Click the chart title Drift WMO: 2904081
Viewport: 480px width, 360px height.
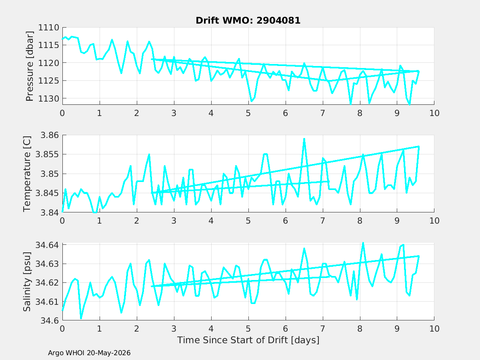pyautogui.click(x=248, y=20)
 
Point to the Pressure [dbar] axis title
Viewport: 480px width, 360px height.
pyautogui.click(x=30, y=66)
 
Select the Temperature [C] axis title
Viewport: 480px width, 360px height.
pyautogui.click(x=27, y=174)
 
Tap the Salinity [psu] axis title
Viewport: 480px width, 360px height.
pyautogui.click(x=27, y=282)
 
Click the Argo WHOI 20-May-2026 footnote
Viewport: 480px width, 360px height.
pyautogui.click(x=89, y=353)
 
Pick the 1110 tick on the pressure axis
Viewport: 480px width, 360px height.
pyautogui.click(x=48, y=28)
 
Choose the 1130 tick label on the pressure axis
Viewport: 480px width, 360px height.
pyautogui.click(x=48, y=98)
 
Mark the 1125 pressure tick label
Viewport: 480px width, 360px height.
pyautogui.click(x=48, y=81)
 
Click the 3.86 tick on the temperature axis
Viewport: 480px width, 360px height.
pyautogui.click(x=50, y=135)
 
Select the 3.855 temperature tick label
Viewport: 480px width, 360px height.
pyautogui.click(x=47, y=154)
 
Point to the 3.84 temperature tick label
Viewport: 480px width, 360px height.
pyautogui.click(x=50, y=212)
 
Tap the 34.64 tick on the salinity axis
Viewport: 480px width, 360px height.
pyautogui.click(x=47, y=245)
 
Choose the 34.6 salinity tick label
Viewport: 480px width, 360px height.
pyautogui.click(x=50, y=321)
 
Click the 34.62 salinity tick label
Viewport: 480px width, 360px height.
pyautogui.click(x=47, y=283)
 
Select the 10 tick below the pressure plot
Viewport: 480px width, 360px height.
pyautogui.click(x=434, y=113)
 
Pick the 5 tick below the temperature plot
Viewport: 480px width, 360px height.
pyautogui.click(x=248, y=221)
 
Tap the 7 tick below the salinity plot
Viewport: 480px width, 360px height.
pyautogui.click(x=322, y=329)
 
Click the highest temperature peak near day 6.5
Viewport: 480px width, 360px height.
pyautogui.click(x=304, y=139)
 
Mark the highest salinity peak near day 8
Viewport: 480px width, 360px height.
pyautogui.click(x=363, y=243)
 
